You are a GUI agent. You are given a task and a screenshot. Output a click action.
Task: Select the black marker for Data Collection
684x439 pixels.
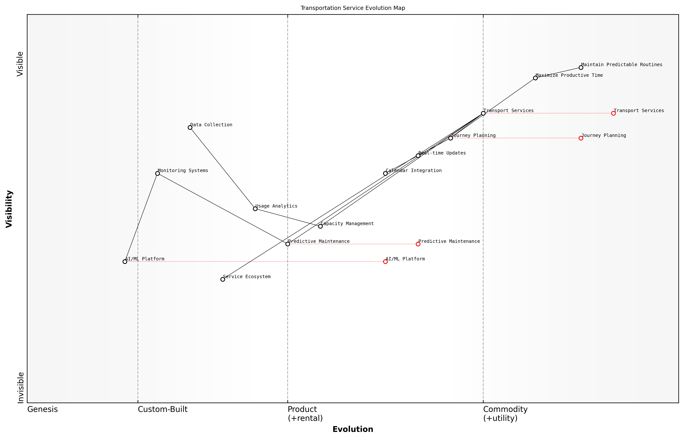[190, 127]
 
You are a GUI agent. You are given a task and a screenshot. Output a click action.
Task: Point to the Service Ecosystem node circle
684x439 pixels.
[223, 279]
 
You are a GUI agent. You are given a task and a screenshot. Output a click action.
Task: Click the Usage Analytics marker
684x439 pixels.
[255, 209]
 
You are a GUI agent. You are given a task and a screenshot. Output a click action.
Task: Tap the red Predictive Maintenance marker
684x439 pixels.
[418, 244]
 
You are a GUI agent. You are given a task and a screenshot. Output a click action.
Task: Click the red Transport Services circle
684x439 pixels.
[613, 113]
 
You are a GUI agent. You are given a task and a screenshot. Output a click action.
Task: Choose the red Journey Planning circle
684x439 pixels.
[581, 138]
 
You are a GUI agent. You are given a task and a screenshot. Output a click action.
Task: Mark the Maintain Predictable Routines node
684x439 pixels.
[581, 68]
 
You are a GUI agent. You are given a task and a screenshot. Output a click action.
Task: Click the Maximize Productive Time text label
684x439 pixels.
[569, 75]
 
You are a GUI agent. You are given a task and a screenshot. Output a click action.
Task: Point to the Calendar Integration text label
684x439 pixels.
[414, 171]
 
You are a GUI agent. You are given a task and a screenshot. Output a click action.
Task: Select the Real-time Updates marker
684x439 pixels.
[418, 156]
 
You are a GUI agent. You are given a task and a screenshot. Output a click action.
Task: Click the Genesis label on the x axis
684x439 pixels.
[42, 409]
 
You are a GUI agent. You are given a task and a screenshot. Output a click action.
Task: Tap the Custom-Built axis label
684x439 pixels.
[163, 409]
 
